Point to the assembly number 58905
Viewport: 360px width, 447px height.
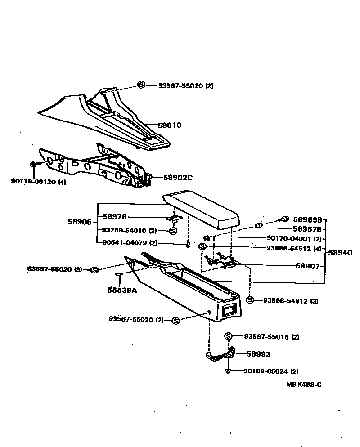(80, 222)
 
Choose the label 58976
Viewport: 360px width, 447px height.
(115, 216)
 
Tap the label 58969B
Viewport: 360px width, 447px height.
(307, 219)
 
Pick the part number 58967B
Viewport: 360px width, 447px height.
(307, 229)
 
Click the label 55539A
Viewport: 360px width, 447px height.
(122, 291)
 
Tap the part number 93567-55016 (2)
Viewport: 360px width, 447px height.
(271, 336)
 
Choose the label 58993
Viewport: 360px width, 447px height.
(258, 354)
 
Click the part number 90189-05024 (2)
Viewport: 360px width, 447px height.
(271, 371)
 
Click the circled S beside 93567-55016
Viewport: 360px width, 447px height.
(228, 336)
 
